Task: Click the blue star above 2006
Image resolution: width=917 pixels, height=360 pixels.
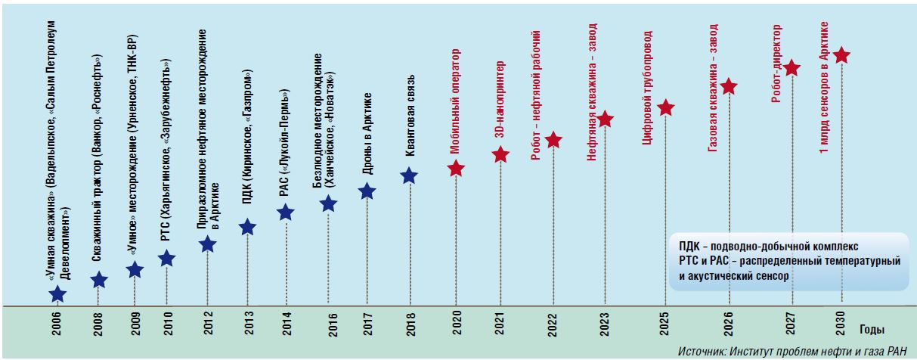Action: (57, 295)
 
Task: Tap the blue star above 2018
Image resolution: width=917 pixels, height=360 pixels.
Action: (408, 175)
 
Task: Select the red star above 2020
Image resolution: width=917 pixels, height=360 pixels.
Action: (455, 168)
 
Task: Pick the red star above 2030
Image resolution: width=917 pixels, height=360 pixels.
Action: (841, 55)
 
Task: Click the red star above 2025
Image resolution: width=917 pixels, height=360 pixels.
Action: (665, 107)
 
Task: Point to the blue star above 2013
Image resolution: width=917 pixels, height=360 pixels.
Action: (247, 227)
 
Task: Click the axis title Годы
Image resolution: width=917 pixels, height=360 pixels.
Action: (870, 330)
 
